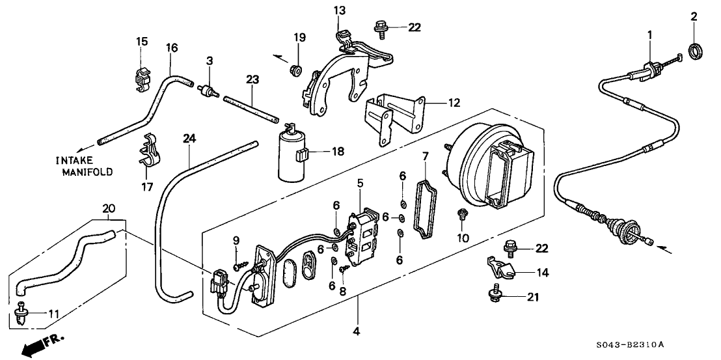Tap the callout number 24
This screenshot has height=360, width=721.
189,138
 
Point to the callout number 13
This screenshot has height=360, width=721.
340,10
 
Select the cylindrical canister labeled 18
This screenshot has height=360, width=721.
292,157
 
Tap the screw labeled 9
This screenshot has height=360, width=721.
241,263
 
